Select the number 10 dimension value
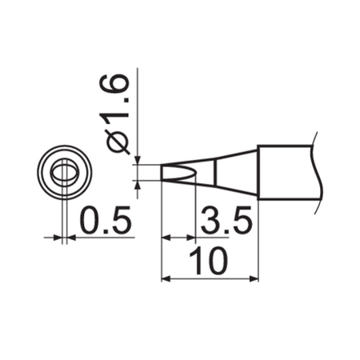[210, 261]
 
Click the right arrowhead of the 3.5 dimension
[192, 238]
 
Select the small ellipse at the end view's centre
[63, 172]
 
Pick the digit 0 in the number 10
[219, 261]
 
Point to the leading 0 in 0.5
[90, 221]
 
